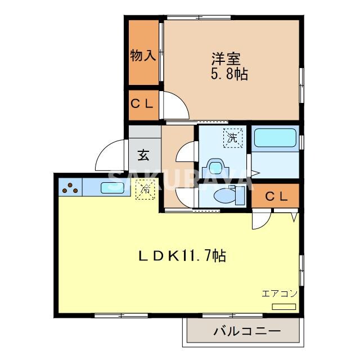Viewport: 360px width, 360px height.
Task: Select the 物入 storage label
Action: tap(143, 56)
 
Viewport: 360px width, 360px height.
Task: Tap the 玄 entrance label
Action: tap(143, 154)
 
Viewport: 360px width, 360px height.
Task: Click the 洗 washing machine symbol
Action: tap(232, 137)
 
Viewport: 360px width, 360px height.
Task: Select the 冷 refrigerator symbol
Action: tap(145, 190)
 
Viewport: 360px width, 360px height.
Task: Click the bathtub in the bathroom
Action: tap(275, 138)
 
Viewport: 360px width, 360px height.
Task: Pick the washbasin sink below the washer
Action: tap(215, 168)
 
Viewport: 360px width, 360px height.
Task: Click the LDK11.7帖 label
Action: tap(182, 256)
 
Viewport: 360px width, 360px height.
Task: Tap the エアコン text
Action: tap(279, 293)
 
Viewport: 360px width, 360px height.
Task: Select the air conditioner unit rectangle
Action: tap(284, 306)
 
